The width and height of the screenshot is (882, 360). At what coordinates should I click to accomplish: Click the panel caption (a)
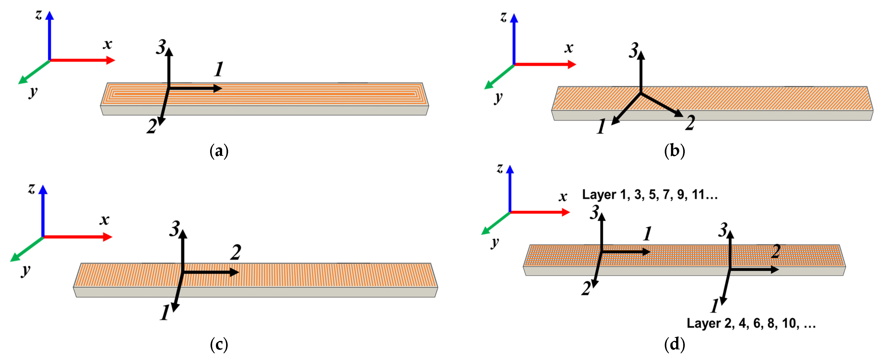point(219,151)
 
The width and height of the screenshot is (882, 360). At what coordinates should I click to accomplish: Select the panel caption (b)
point(674,151)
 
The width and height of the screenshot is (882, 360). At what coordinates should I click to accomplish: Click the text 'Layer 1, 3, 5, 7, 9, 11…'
point(649,195)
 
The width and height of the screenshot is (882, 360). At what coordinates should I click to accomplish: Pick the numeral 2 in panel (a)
point(152,126)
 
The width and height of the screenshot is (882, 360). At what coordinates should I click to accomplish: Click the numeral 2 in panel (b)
point(690,123)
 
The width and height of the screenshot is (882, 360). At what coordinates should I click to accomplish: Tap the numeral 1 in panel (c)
point(165,313)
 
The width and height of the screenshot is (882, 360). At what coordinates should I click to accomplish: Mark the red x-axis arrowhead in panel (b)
point(572,64)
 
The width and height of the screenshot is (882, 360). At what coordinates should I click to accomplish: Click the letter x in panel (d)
point(563,197)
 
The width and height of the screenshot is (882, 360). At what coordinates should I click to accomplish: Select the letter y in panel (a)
point(33,92)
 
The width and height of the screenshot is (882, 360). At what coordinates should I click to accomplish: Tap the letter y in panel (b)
point(498,97)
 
